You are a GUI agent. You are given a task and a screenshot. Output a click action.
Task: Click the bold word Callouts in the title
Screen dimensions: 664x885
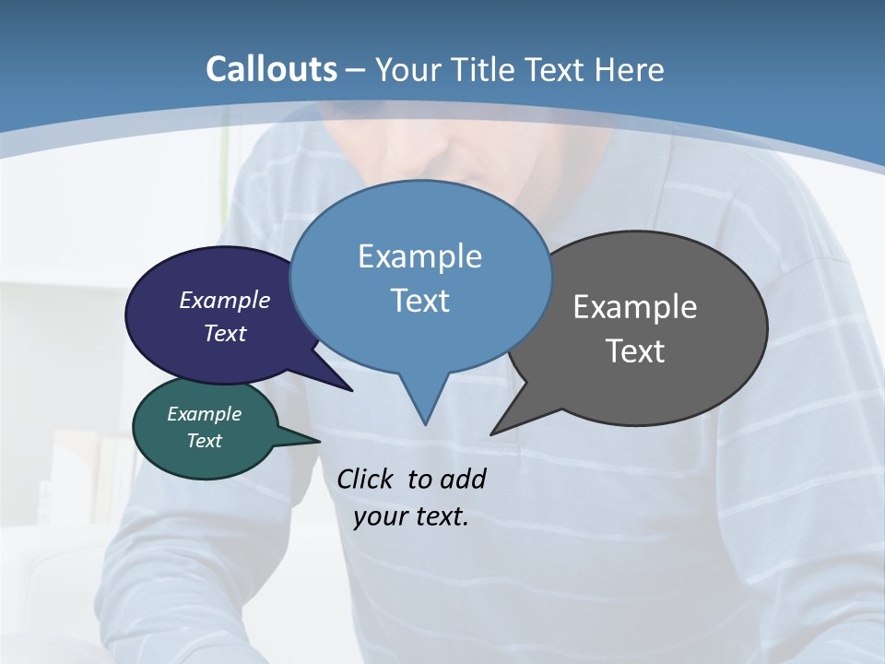click(272, 69)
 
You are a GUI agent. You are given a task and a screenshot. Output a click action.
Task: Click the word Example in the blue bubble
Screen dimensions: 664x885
click(419, 256)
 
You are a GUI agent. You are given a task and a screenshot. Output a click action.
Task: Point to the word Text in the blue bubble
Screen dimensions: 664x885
click(419, 301)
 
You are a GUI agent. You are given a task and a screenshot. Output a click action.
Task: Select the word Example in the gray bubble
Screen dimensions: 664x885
click(635, 307)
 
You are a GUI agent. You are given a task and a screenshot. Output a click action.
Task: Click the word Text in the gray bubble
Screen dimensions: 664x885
click(635, 351)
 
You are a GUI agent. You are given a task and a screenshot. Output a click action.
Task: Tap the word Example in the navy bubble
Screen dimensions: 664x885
click(225, 300)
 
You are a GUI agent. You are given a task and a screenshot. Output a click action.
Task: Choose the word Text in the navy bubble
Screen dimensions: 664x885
click(225, 333)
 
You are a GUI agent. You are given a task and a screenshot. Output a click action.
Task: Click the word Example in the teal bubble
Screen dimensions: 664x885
click(205, 414)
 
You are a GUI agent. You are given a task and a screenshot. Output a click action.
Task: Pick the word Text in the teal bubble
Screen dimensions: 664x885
click(205, 441)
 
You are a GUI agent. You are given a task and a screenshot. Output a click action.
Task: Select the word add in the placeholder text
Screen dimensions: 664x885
click(463, 479)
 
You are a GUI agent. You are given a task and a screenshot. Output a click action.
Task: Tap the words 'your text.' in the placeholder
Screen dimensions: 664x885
click(411, 516)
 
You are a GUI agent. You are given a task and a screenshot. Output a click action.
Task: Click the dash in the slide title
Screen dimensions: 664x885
click(356, 70)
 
